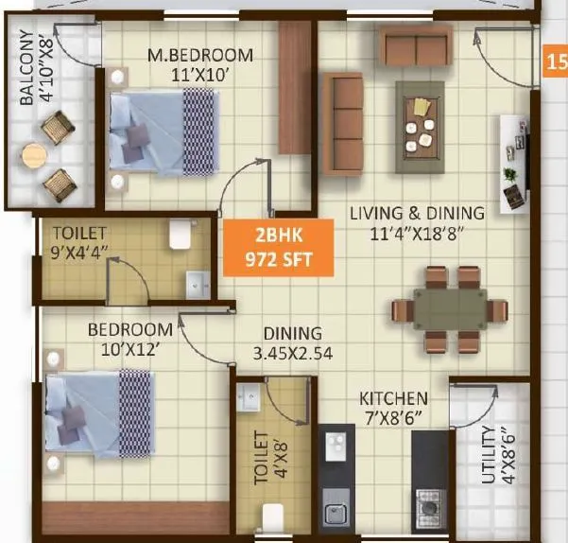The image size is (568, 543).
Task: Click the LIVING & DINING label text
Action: coord(417,222)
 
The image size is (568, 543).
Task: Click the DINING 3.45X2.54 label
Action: coord(293,343)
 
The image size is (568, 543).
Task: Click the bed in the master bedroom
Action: coord(161,132)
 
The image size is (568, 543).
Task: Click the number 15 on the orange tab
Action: coord(557,64)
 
